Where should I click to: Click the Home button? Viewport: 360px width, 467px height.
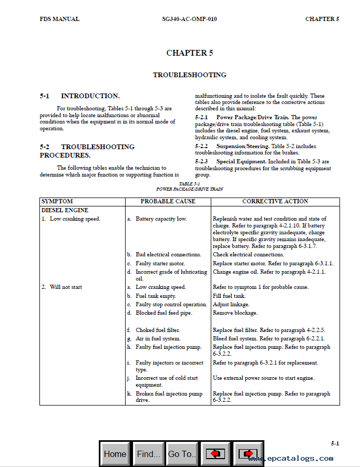point(115,454)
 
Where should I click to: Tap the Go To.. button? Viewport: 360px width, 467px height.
point(182,454)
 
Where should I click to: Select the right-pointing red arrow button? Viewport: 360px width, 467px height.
point(248,454)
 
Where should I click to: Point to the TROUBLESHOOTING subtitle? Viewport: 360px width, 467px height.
point(190,75)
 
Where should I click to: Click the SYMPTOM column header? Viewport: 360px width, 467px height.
point(57,202)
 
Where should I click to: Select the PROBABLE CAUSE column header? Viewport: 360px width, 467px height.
point(168,202)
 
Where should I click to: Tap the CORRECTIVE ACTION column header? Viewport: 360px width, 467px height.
point(275,202)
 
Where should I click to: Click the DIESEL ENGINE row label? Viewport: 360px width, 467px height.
point(65,210)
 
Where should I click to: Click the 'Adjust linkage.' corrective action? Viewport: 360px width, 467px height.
point(231,305)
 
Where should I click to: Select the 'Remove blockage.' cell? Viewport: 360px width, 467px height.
point(235,313)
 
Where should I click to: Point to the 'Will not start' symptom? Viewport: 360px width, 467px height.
point(66,287)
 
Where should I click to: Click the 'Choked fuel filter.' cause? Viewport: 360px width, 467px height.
point(158,330)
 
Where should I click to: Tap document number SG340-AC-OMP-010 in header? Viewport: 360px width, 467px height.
point(189,19)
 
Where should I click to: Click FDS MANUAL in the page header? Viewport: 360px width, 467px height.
point(59,19)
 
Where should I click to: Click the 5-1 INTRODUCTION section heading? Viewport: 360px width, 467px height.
point(80,96)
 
